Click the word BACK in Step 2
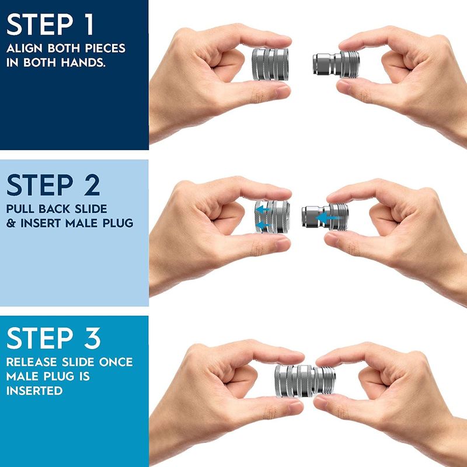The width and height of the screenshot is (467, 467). [x=60, y=208]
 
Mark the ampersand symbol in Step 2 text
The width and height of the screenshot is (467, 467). [x=12, y=223]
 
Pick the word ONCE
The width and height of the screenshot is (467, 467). [x=116, y=363]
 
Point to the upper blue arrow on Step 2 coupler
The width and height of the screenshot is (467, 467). [x=266, y=207]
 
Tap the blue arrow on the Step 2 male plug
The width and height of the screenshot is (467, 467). [x=329, y=217]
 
